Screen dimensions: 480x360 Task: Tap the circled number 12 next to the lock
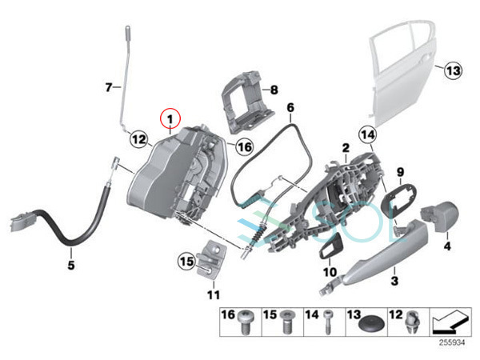[x=139, y=139]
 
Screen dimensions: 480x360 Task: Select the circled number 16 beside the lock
[x=245, y=147]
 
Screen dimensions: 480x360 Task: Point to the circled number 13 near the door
[x=453, y=70]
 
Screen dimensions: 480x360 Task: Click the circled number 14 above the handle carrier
[x=368, y=134]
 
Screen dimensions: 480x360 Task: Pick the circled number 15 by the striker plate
[x=186, y=262]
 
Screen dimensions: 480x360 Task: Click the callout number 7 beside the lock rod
[x=109, y=87]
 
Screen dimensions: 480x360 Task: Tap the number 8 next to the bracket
[x=274, y=90]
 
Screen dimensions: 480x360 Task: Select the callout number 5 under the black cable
[x=71, y=265]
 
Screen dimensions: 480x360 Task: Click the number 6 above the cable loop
[x=290, y=108]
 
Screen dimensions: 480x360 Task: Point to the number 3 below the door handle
[x=394, y=281]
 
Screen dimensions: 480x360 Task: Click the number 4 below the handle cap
[x=447, y=246]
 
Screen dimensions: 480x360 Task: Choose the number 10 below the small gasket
[x=330, y=272]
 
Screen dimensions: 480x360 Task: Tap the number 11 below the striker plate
[x=214, y=295]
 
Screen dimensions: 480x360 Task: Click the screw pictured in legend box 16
[x=245, y=322]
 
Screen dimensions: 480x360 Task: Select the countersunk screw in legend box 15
[x=287, y=322]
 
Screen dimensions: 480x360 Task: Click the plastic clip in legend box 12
[x=413, y=323]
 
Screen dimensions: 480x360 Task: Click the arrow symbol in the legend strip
[x=450, y=322]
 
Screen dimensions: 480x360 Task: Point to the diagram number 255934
[x=452, y=342]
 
